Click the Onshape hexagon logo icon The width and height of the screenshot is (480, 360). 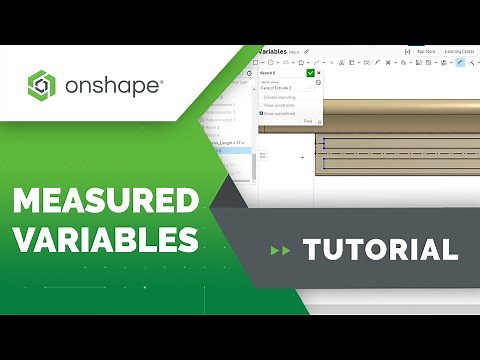(41, 85)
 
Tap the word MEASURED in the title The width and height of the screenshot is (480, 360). (105, 203)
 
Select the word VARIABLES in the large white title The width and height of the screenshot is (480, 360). (105, 240)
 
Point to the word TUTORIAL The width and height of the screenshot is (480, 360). (381, 249)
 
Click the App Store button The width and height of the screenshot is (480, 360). (424, 51)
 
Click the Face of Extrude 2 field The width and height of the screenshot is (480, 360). (285, 88)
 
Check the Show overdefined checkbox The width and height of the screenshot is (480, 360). (262, 113)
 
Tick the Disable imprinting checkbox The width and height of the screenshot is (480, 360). (262, 97)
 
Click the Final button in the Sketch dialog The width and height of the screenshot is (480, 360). (308, 121)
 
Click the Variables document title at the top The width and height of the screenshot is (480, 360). (273, 51)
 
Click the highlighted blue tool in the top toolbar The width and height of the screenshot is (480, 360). (460, 62)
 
